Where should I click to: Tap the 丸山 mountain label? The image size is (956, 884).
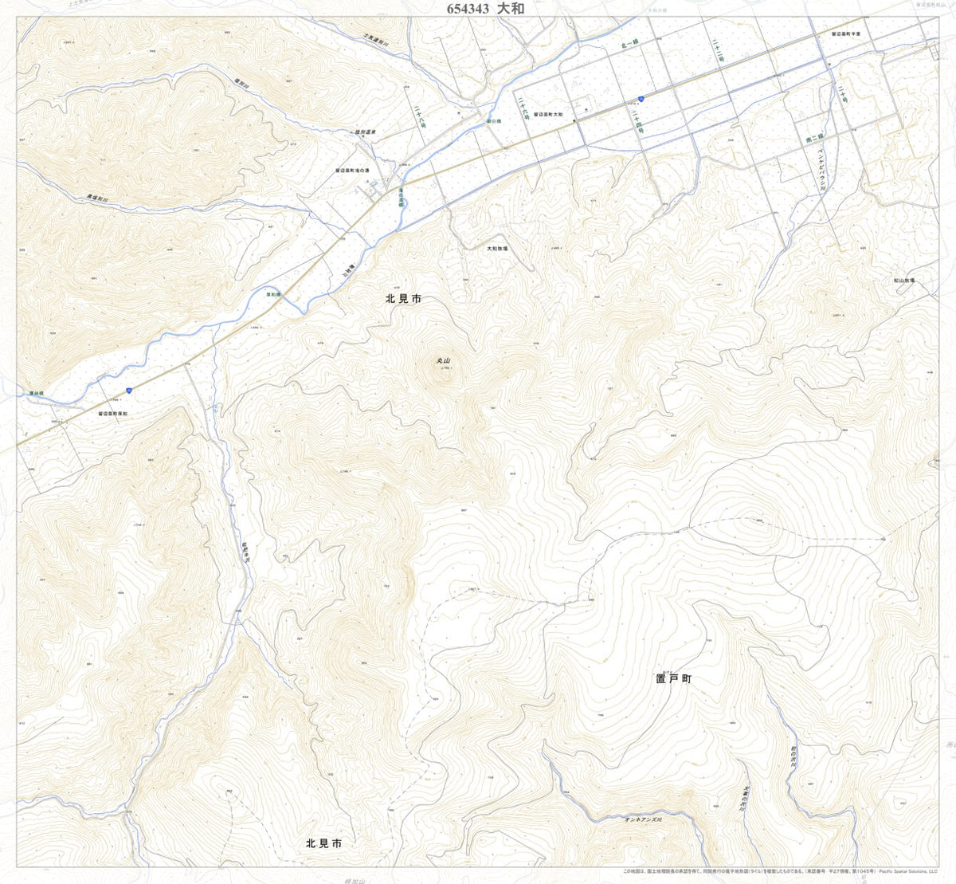pos(444,361)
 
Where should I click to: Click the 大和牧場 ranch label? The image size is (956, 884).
pos(497,249)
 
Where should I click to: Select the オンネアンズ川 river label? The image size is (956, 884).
pos(644,819)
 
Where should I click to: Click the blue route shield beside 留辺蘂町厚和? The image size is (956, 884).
pos(127,390)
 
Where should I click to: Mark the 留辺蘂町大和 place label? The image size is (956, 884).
pos(548,115)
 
